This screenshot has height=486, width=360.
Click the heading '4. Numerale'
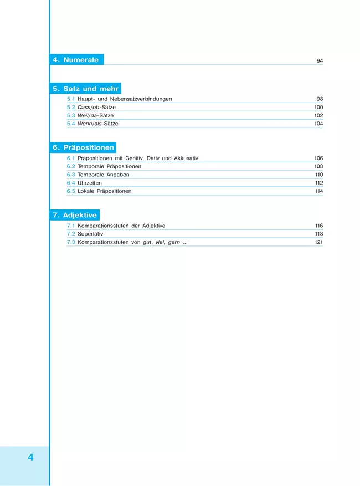[76, 60]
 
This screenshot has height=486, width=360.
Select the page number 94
[320, 61]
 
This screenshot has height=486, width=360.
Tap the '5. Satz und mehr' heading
[86, 89]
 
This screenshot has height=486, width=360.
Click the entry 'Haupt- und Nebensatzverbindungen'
[125, 99]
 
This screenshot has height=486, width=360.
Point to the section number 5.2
[71, 108]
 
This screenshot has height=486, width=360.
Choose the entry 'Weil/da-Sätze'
[97, 116]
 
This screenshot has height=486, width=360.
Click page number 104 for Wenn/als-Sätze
[318, 124]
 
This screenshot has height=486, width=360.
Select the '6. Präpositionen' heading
[84, 148]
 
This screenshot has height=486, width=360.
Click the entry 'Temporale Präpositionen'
[109, 166]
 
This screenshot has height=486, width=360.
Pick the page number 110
[318, 175]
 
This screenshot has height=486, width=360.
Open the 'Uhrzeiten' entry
[90, 183]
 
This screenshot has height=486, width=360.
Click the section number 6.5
[71, 191]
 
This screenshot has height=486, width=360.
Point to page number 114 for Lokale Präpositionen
[318, 191]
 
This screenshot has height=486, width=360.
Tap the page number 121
[318, 243]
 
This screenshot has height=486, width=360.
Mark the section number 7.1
[71, 226]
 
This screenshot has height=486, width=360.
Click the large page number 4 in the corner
[30, 457]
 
